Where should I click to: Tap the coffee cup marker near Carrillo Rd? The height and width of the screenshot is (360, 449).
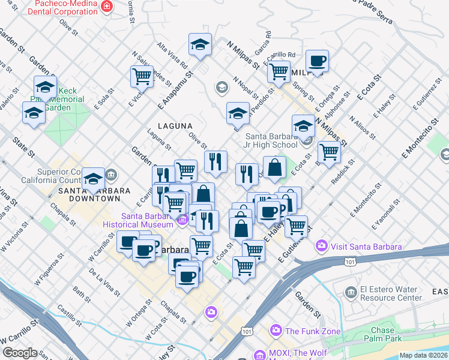point(316,61)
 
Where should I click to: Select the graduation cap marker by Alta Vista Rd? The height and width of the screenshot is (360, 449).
point(200,44)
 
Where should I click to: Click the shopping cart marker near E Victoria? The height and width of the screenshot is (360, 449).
point(142,77)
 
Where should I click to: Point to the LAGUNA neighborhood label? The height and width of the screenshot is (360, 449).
point(175,126)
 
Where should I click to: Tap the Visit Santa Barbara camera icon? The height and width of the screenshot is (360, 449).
point(321,246)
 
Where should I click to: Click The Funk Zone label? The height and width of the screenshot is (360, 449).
point(312,331)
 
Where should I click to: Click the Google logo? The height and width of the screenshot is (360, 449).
point(19,353)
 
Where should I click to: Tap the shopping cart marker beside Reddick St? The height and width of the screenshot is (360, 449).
point(328,152)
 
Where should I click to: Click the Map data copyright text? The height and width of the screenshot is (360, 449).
point(423,355)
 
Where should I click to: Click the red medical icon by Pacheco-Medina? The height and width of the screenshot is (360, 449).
point(107,6)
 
